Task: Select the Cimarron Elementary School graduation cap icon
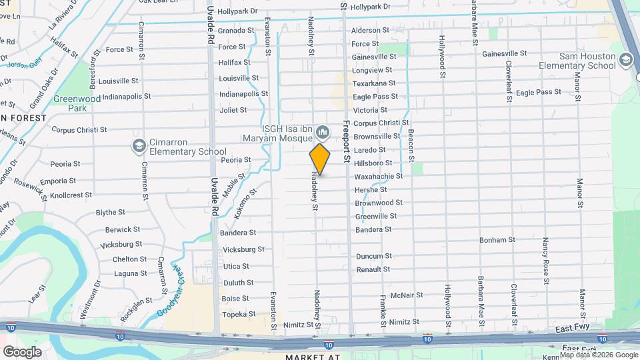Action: (x=139, y=146)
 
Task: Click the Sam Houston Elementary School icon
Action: (x=625, y=61)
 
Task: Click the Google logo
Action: (x=22, y=351)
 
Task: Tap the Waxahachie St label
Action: (x=378, y=176)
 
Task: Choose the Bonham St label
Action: (x=497, y=239)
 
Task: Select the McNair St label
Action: (x=407, y=295)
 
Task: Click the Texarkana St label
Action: (x=374, y=83)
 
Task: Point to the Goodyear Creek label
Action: (x=169, y=291)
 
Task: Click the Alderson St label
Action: (x=370, y=30)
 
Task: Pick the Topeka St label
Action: (x=239, y=313)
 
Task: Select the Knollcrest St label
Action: (x=71, y=195)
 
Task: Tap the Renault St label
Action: (x=373, y=269)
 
